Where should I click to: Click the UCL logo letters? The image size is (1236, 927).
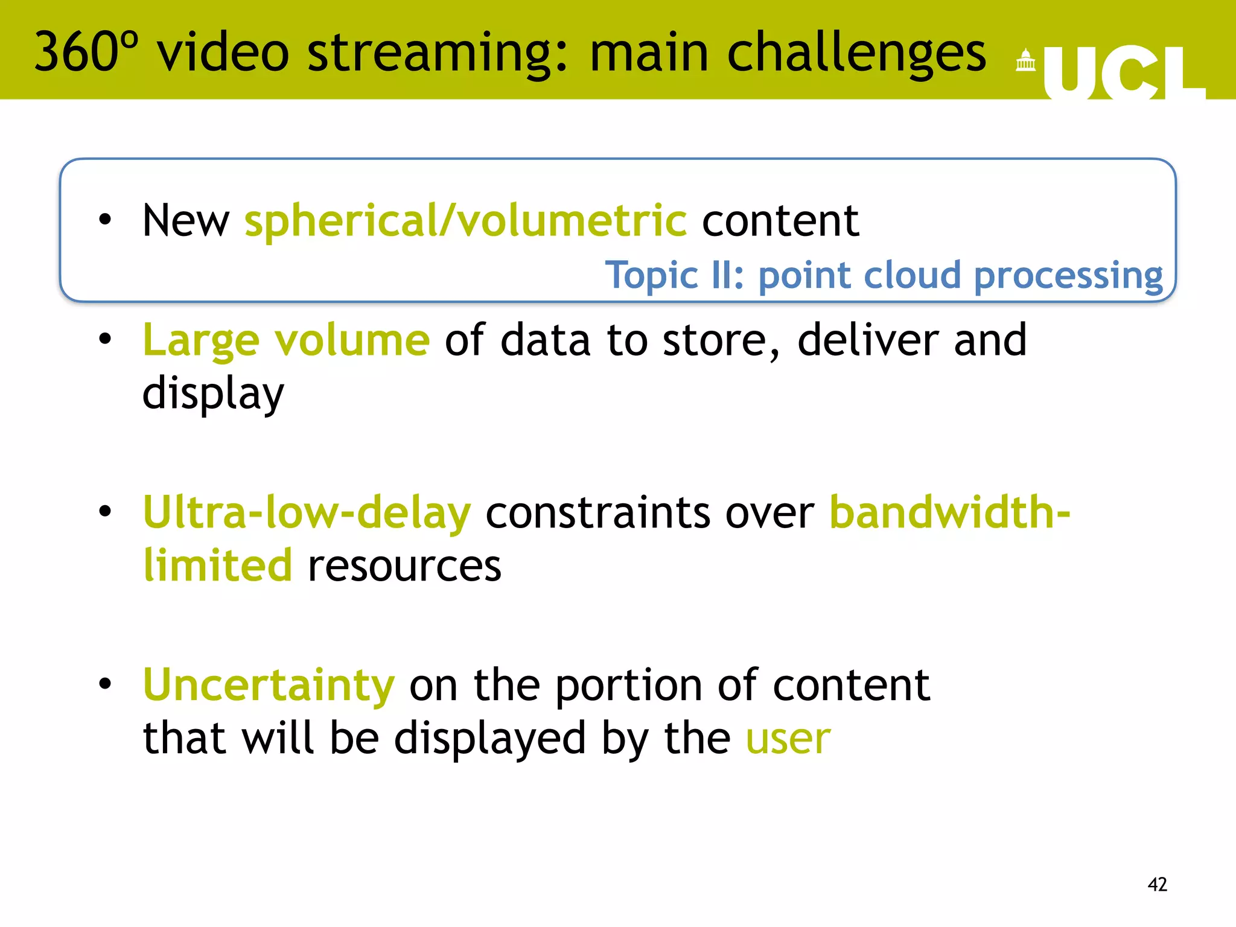(x=1124, y=72)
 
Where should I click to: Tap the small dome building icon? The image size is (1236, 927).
(x=1025, y=61)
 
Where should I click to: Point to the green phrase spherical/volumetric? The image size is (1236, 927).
(x=465, y=220)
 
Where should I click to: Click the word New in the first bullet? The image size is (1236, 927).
(x=186, y=221)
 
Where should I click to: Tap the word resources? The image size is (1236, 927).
(x=404, y=566)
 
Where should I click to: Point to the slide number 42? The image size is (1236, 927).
(x=1157, y=884)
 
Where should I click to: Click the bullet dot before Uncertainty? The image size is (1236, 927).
(x=106, y=684)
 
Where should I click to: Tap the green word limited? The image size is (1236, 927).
(x=217, y=565)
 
